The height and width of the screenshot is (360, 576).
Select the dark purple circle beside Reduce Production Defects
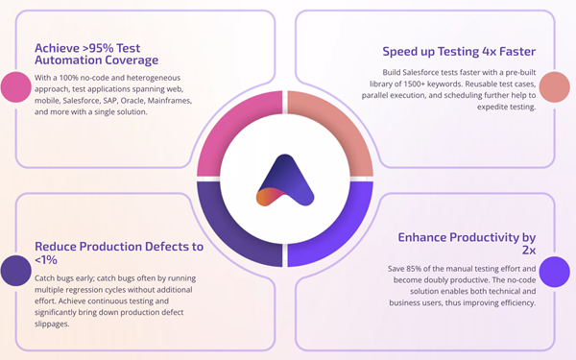[15, 271]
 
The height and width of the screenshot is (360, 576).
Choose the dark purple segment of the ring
[230, 230]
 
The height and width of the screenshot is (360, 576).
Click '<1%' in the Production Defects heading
[47, 259]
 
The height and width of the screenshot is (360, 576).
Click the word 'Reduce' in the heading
[61, 247]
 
